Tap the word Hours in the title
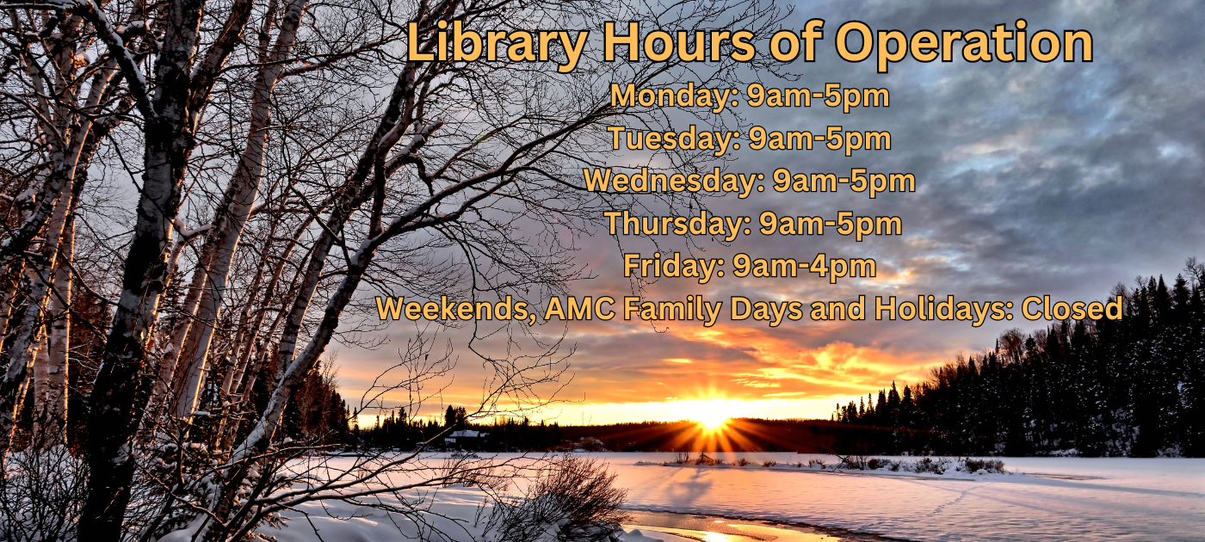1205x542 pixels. [679, 42]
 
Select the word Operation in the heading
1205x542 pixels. [963, 43]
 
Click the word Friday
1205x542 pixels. [674, 266]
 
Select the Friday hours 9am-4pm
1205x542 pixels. [804, 267]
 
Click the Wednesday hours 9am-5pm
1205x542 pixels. [844, 182]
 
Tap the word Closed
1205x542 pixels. [1072, 309]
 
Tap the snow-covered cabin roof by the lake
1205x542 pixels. [466, 434]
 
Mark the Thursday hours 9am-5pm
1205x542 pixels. [831, 225]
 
